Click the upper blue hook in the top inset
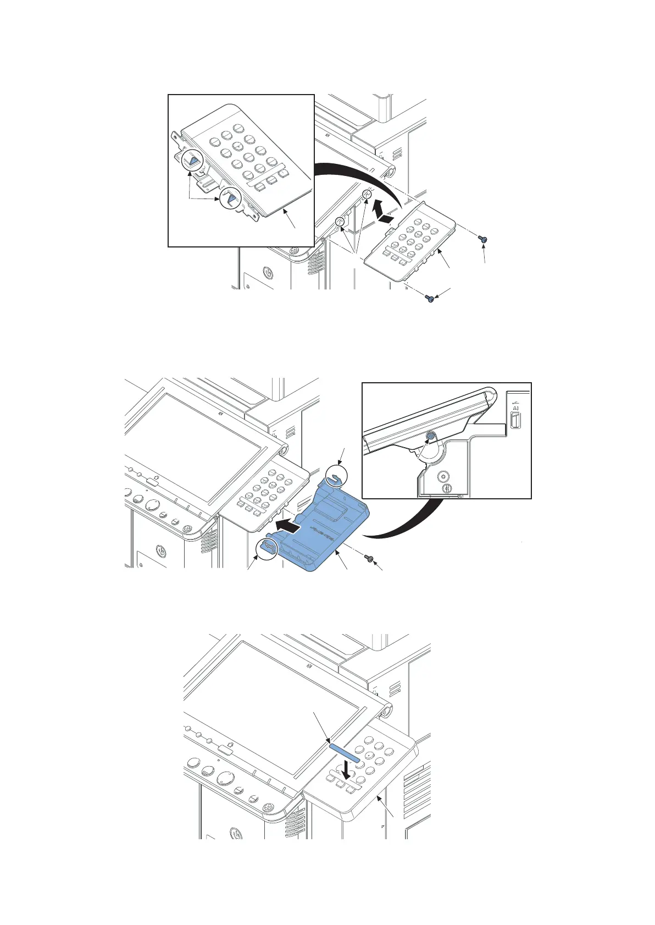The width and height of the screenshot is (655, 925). click(x=192, y=162)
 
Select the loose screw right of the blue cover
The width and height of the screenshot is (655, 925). click(x=371, y=559)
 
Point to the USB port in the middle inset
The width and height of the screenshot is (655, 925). click(x=515, y=421)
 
